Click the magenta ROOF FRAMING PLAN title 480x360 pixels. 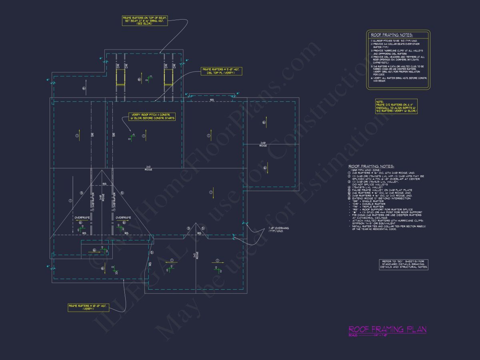(x=387, y=329)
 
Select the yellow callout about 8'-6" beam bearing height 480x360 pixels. (x=145, y=21)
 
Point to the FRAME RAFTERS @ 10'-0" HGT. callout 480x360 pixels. (x=88, y=307)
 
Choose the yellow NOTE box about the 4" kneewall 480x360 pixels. (x=396, y=106)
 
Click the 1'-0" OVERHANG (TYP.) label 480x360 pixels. (x=279, y=230)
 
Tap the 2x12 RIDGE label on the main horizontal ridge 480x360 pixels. (x=148, y=168)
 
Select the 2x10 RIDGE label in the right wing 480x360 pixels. (x=263, y=144)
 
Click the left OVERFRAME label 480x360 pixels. (x=82, y=218)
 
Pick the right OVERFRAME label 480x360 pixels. (x=123, y=218)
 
